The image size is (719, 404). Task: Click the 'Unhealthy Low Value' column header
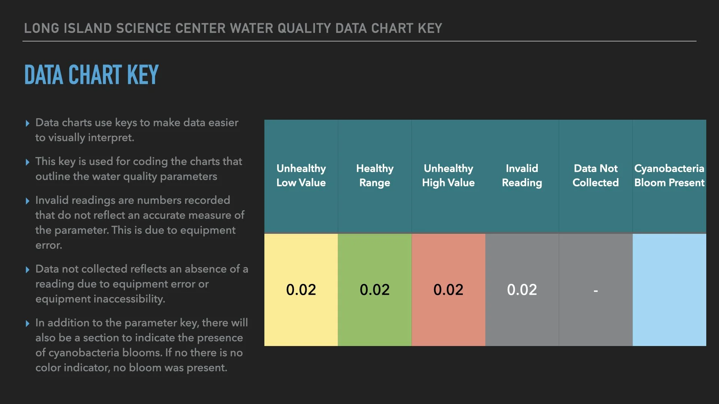pos(301,175)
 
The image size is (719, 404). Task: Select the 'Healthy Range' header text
pos(374,175)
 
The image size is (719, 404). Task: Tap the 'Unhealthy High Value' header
pos(448,175)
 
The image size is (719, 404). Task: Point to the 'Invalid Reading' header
pos(522,175)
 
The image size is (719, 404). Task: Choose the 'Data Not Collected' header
pos(595,175)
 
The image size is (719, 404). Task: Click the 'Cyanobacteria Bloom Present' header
pos(669,175)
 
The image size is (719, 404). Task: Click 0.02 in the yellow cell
pos(301,290)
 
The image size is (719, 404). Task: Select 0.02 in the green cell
pos(374,290)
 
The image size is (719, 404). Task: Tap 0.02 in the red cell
pos(448,290)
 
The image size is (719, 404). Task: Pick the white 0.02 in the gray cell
pos(522,290)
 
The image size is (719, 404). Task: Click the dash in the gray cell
pos(595,291)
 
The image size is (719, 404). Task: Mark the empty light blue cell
pos(669,290)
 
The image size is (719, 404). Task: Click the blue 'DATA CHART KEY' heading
pos(91,75)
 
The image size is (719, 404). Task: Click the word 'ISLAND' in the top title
pos(88,28)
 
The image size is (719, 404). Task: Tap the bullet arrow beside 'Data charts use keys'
pos(27,123)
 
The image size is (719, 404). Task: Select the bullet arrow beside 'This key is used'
pos(27,162)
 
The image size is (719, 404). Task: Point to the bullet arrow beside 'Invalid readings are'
pos(27,201)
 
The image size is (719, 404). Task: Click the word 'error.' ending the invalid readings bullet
pos(49,245)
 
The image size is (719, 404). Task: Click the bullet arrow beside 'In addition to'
pos(27,324)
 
